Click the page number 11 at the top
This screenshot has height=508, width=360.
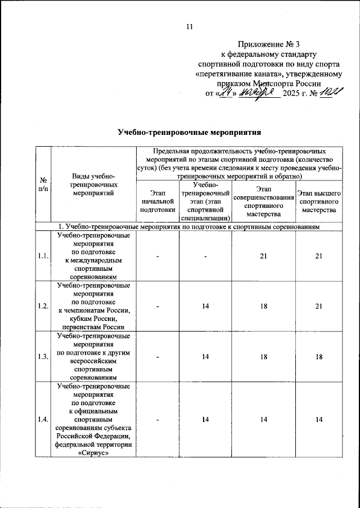pyautogui.click(x=190, y=26)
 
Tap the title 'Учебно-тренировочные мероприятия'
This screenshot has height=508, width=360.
pyautogui.click(x=190, y=132)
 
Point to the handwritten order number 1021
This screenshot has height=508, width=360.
pyautogui.click(x=326, y=92)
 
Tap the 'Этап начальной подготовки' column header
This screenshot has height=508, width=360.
pyautogui.click(x=157, y=201)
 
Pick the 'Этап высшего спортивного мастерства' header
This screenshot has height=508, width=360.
pyautogui.click(x=318, y=201)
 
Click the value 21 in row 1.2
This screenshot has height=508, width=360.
pyautogui.click(x=318, y=307)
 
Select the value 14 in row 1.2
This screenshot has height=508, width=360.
pyautogui.click(x=205, y=307)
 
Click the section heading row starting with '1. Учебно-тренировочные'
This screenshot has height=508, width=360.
pyautogui.click(x=190, y=226)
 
